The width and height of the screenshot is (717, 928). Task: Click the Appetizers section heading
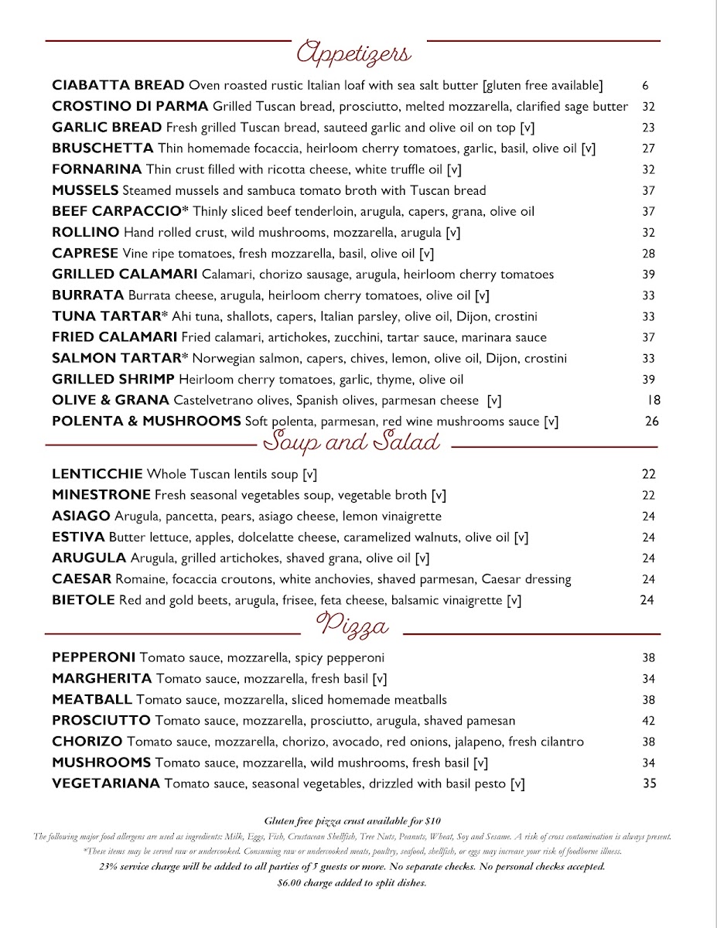[x=354, y=53]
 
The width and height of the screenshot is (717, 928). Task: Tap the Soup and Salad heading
[x=352, y=442]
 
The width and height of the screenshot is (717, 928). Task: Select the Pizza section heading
[x=353, y=625]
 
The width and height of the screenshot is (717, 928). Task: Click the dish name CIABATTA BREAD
[x=118, y=85]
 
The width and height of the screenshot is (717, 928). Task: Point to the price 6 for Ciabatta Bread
[x=645, y=85]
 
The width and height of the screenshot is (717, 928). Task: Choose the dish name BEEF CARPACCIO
[x=121, y=211]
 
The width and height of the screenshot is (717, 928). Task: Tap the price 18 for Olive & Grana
[x=654, y=400]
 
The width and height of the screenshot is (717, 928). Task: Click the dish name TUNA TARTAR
[x=110, y=316]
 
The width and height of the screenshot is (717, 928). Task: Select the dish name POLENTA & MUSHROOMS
[x=146, y=421]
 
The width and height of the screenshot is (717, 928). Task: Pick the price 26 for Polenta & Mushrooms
[x=652, y=421]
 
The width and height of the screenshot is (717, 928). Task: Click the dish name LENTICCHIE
[x=97, y=474]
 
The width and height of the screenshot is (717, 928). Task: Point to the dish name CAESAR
[x=82, y=579]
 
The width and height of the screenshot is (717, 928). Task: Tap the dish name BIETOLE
[x=84, y=600]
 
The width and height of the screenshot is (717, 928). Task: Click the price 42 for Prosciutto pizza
[x=648, y=721]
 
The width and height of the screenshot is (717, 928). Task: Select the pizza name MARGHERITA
[x=102, y=679]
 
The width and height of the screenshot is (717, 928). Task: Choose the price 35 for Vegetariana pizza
[x=649, y=783]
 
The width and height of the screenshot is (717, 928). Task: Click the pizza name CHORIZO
[x=87, y=742]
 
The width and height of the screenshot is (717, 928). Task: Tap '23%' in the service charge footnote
[x=109, y=867]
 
